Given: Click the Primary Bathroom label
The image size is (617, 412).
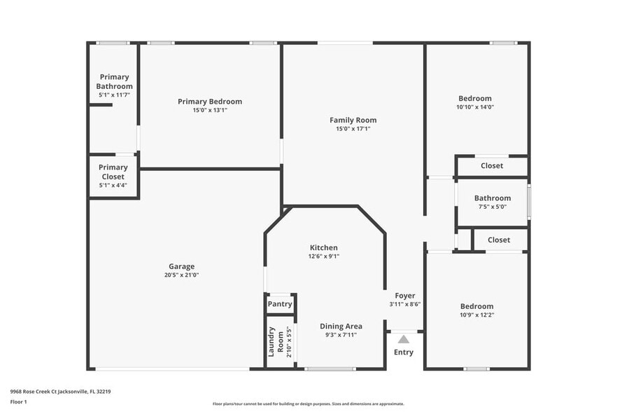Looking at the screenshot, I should [114, 81].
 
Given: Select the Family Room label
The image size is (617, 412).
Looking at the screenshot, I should [353, 120].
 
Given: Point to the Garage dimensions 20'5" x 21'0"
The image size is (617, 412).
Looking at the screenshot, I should [181, 275].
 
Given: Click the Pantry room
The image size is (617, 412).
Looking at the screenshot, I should [280, 304].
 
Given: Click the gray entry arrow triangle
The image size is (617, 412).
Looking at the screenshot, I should [404, 339].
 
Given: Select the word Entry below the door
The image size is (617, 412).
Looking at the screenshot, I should [404, 352].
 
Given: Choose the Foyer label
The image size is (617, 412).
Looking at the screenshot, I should [404, 296].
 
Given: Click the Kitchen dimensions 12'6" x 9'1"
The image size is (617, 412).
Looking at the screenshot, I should [324, 256].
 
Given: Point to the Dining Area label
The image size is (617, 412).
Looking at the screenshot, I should [341, 326].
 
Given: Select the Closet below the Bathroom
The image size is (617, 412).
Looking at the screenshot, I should [498, 240].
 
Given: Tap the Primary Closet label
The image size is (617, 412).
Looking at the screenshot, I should [113, 172].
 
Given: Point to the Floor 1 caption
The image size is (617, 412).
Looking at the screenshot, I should [18, 401].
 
